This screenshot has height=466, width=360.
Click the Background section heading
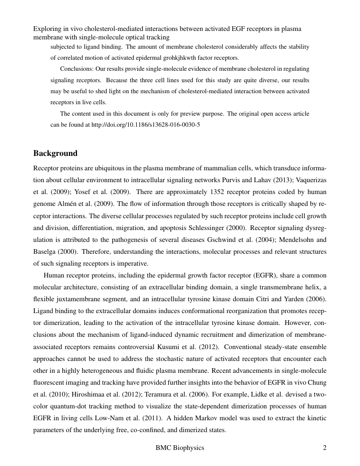click(55, 153)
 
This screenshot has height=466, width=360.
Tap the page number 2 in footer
click(324, 448)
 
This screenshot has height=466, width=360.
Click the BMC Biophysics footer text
click(180, 448)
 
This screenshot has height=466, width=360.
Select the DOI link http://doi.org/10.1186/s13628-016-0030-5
click(146, 125)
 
